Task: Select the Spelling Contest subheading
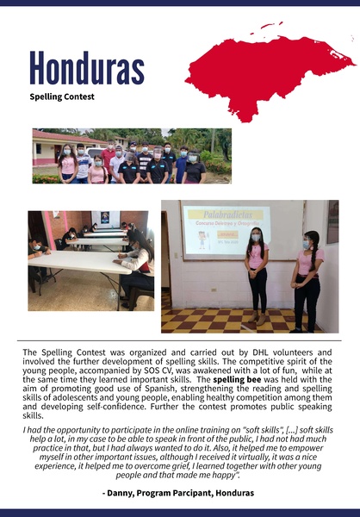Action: pyautogui.click(x=61, y=97)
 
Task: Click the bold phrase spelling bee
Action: pyautogui.click(x=239, y=378)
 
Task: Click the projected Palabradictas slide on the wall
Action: pyautogui.click(x=226, y=229)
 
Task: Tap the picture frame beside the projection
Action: pyautogui.click(x=332, y=221)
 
